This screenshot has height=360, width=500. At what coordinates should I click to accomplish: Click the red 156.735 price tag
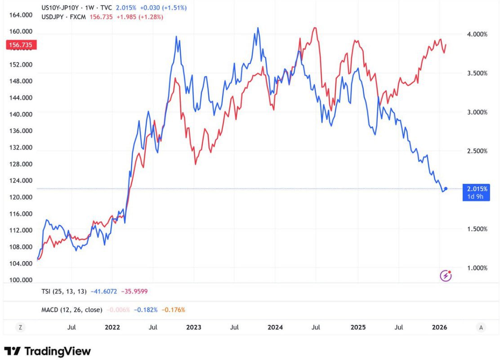(x=21, y=45)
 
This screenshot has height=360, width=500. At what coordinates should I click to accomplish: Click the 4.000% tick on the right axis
(x=477, y=35)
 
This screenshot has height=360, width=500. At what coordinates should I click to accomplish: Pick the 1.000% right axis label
(x=477, y=268)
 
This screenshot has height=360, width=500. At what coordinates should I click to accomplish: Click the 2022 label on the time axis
(x=112, y=327)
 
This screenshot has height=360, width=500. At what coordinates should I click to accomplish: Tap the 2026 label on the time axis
(x=439, y=327)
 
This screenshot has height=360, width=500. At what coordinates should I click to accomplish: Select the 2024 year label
(x=275, y=327)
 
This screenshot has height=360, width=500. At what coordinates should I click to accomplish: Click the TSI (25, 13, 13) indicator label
(x=63, y=291)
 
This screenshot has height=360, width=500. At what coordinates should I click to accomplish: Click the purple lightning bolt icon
(x=445, y=276)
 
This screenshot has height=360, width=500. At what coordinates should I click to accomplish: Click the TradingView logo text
(x=57, y=351)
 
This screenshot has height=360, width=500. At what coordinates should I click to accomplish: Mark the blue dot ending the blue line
(x=446, y=189)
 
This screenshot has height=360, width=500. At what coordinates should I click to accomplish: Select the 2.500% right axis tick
(x=477, y=151)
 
